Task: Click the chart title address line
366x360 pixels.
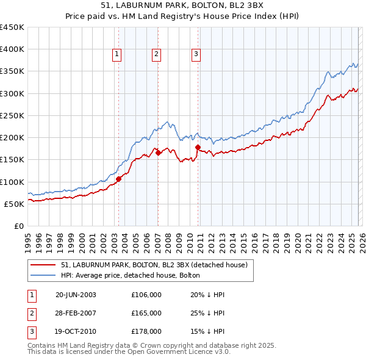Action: point(183,5)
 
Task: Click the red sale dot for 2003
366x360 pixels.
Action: point(119,179)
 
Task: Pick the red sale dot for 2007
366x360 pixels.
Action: point(158,153)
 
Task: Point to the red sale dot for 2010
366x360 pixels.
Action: point(198,147)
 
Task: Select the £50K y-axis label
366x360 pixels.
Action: point(14,204)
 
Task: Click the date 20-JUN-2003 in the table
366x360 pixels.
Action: point(76,295)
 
